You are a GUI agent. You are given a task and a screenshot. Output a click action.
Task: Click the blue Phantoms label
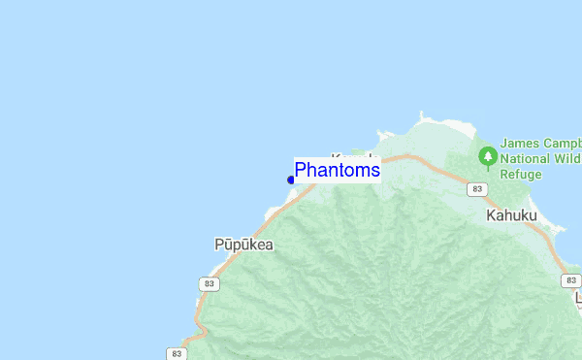pyautogui.click(x=337, y=170)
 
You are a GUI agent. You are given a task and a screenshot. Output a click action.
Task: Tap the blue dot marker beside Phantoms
pyautogui.click(x=291, y=180)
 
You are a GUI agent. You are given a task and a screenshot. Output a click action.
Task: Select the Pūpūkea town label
pyautogui.click(x=243, y=245)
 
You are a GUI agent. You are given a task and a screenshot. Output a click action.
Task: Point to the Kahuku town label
pyautogui.click(x=511, y=218)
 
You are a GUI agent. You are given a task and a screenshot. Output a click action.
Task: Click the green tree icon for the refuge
pyautogui.click(x=488, y=155)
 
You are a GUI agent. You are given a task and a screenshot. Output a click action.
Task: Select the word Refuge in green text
pyautogui.click(x=522, y=175)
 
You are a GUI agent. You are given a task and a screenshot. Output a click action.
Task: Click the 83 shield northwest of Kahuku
pyautogui.click(x=474, y=187)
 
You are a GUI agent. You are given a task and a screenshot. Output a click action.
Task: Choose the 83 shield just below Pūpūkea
pyautogui.click(x=210, y=283)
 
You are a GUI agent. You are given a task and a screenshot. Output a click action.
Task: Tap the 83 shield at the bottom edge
pyautogui.click(x=176, y=353)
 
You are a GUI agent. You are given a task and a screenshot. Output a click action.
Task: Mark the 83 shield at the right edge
pyautogui.click(x=571, y=279)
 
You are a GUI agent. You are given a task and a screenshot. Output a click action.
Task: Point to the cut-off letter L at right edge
pyautogui.click(x=578, y=298)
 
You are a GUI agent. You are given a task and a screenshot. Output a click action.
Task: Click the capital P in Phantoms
pyautogui.click(x=301, y=170)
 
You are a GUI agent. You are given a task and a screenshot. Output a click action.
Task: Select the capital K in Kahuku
pyautogui.click(x=491, y=218)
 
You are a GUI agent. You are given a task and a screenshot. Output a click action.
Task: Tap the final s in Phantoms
pyautogui.click(x=375, y=171)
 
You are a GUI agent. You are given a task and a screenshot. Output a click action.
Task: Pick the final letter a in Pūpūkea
pyautogui.click(x=268, y=245)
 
